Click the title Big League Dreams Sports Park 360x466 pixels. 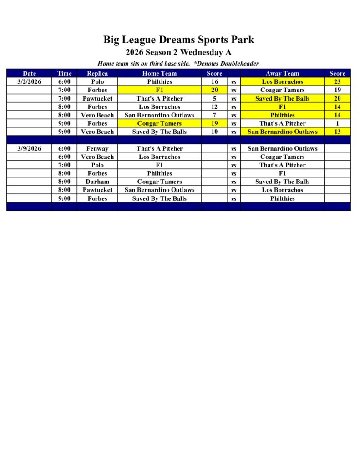178,40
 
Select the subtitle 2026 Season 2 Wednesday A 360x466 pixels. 178,52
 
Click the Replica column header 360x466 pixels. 97,73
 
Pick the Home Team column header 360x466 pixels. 159,73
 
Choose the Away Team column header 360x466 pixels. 282,73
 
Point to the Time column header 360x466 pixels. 64,73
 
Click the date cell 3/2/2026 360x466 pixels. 29,82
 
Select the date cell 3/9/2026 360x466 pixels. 29,148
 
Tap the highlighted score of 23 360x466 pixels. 338,82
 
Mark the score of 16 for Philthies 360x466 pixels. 214,82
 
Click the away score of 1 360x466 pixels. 338,123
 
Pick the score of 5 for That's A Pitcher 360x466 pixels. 214,98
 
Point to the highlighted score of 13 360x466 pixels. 338,132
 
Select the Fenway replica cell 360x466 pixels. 97,148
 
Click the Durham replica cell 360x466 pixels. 97,182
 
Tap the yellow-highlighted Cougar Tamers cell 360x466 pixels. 159,123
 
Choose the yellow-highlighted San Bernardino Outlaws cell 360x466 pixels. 282,132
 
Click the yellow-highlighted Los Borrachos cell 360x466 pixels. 282,82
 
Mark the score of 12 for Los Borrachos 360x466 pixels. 214,107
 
